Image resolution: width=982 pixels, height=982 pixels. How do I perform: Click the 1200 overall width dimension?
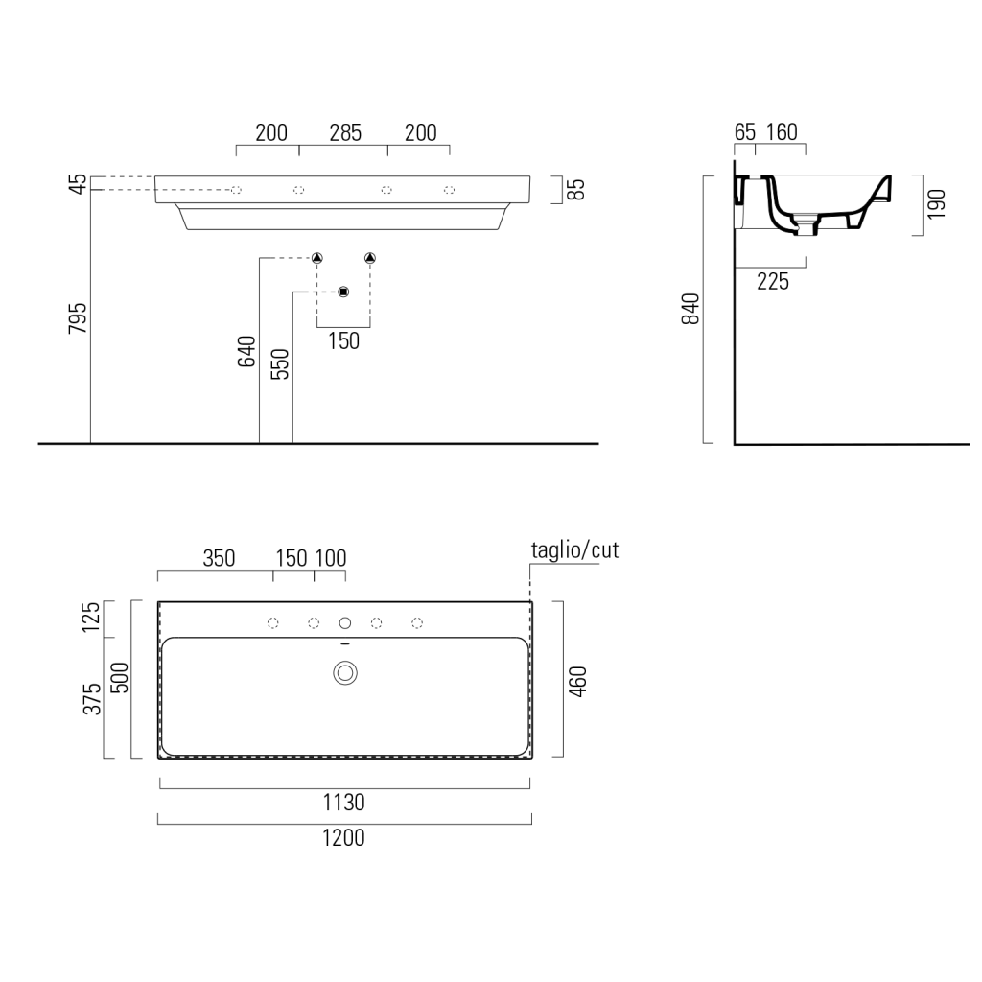343,837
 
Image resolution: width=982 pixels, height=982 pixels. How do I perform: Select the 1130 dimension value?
343,803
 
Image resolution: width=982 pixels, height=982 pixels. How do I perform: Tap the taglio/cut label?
574,550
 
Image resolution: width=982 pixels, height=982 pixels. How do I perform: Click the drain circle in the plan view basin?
345,673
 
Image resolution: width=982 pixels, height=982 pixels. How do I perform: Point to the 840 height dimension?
690,308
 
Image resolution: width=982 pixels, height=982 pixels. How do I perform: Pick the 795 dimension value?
78,318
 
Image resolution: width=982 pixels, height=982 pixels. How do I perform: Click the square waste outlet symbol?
343,292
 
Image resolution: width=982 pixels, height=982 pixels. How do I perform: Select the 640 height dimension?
246,351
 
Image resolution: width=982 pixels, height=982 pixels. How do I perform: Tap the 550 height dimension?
279,363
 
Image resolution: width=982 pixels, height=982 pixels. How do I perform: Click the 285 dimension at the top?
345,132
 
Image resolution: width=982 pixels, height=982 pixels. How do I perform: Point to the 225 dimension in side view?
773,282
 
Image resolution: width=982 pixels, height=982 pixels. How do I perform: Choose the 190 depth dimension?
936,204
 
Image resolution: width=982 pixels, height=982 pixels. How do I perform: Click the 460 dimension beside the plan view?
577,682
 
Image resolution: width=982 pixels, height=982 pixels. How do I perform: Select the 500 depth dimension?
119,678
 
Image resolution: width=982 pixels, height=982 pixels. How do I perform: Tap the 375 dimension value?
92,699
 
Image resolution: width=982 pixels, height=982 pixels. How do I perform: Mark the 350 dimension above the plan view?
220,558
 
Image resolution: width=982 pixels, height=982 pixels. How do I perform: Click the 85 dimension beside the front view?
575,189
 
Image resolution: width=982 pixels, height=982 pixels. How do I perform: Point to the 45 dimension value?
79,183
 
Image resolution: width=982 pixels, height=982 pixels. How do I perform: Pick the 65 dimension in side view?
745,132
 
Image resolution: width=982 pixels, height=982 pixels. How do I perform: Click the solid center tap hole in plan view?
345,622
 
